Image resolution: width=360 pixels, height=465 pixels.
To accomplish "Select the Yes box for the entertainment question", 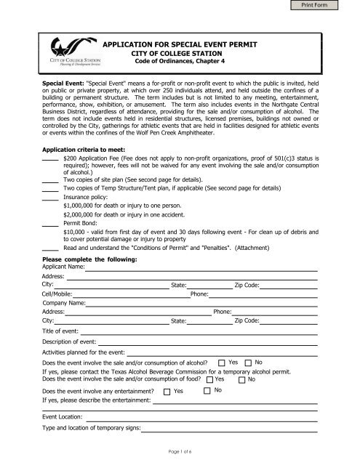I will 167,392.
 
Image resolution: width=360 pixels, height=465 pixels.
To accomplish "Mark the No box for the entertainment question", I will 207,392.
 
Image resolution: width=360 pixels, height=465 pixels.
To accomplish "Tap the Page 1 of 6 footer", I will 180,453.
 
